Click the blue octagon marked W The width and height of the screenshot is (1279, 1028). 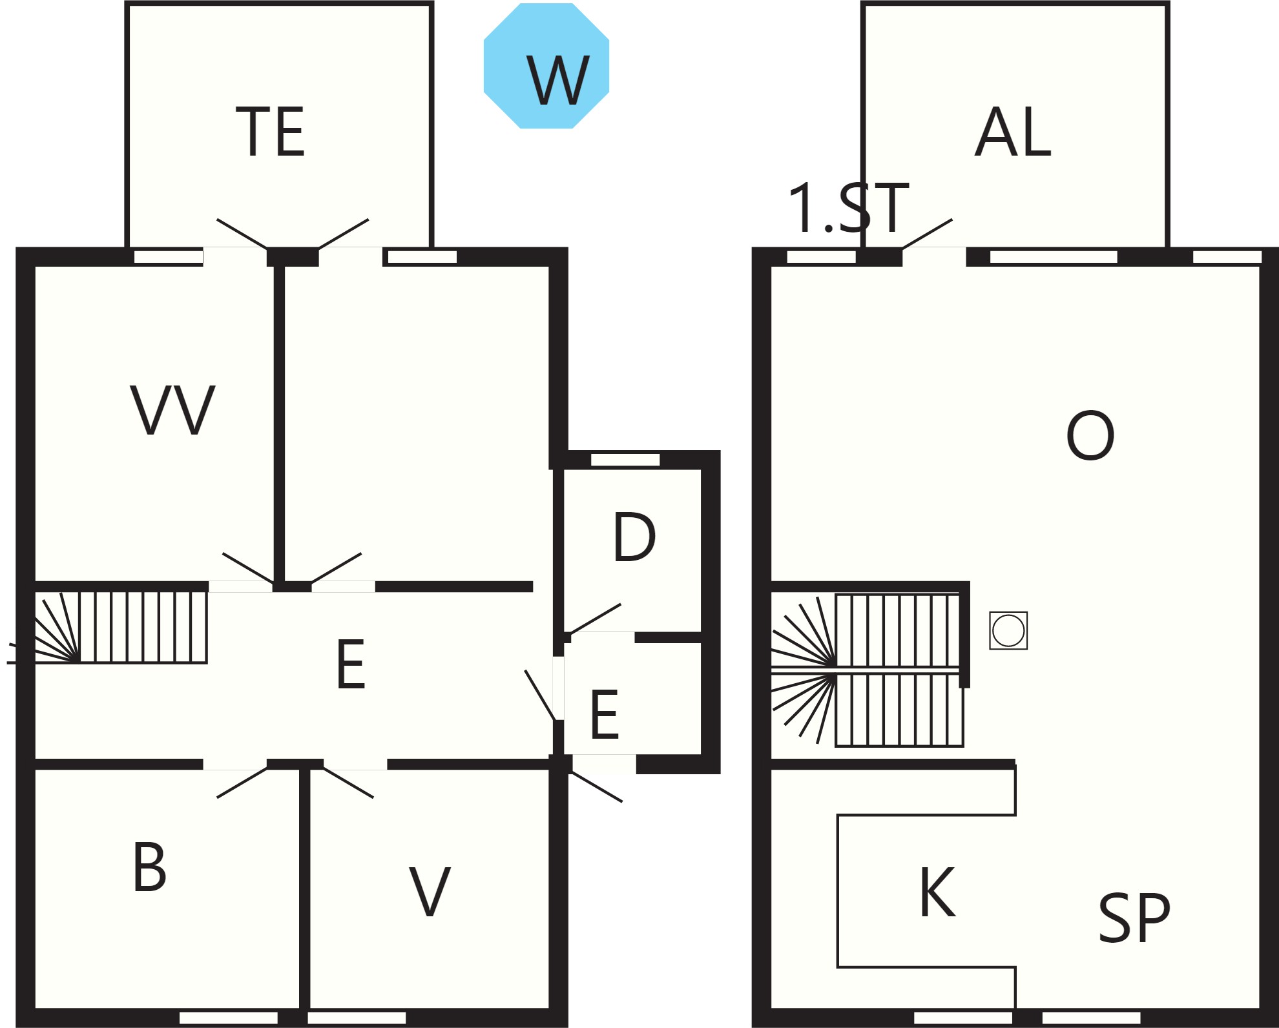click(546, 66)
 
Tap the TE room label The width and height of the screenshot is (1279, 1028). click(271, 132)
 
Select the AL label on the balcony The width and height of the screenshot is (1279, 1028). click(1012, 132)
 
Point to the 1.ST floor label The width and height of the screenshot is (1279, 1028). click(849, 209)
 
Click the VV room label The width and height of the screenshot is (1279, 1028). click(172, 410)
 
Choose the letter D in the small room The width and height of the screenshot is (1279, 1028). click(634, 537)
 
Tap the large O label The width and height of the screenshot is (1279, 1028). click(1090, 435)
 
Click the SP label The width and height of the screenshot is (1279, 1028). click(1134, 918)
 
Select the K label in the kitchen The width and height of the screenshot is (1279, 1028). click(937, 892)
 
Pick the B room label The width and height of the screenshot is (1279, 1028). click(150, 867)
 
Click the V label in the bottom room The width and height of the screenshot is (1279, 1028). click(430, 892)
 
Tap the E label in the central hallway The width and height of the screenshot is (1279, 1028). click(351, 664)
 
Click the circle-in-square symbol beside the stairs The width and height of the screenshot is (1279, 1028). click(1008, 630)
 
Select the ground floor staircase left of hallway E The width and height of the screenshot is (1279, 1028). click(121, 627)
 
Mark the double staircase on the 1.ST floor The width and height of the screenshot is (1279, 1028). click(868, 670)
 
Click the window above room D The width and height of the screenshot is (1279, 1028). click(625, 460)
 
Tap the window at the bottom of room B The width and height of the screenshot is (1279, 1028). click(228, 1018)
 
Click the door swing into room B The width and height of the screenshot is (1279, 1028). click(242, 782)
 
